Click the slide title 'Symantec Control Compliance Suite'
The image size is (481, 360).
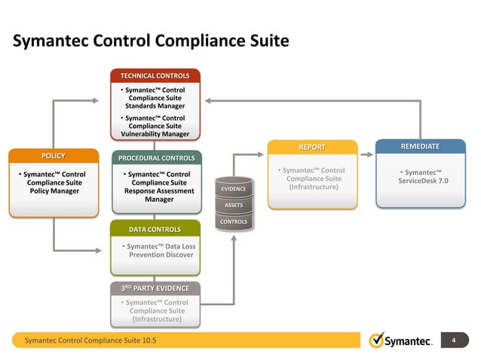coord(151,40)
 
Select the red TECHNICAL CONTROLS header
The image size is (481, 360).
coord(155,76)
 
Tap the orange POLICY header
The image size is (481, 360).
coord(53,156)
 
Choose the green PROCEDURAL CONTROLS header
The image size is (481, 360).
coord(156,158)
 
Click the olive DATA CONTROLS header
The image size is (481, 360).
coord(155,229)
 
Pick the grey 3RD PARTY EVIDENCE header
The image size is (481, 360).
coord(155,289)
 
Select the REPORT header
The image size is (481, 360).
coord(311,147)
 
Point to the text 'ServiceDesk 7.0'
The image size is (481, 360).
coord(423,182)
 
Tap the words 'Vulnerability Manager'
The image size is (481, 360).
coord(155,135)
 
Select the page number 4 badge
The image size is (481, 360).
coord(454,340)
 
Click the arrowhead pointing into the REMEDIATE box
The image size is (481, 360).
coord(370,156)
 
